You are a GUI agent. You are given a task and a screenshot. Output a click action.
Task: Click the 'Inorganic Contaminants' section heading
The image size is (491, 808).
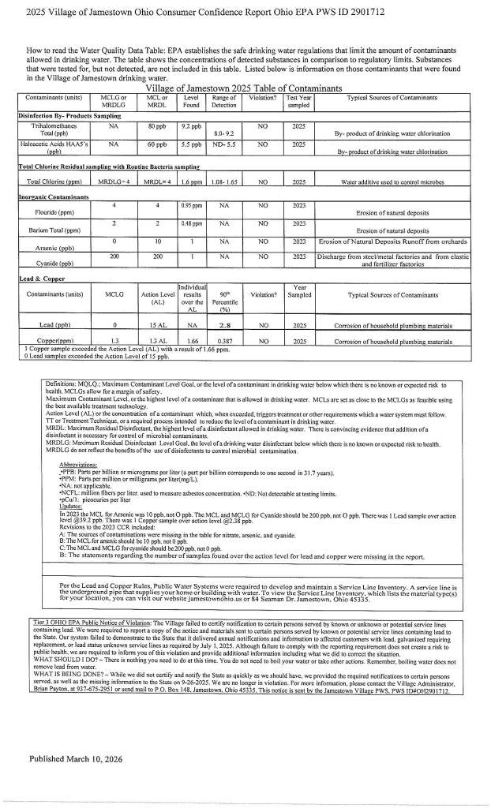(x=54, y=196)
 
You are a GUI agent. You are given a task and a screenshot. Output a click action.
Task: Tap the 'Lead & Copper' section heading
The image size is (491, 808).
(x=43, y=279)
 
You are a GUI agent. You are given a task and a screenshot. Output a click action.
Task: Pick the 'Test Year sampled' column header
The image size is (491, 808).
(x=299, y=101)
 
